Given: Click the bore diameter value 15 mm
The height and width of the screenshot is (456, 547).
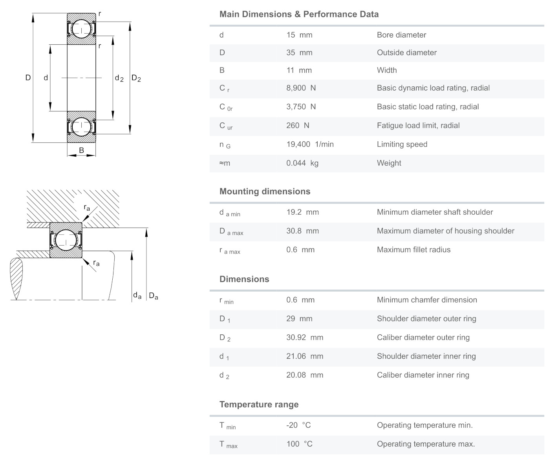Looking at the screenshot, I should (x=299, y=35).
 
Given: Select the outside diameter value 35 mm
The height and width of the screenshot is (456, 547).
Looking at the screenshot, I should (x=299, y=53).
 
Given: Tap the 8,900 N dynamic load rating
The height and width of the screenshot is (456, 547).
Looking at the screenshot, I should (x=301, y=88).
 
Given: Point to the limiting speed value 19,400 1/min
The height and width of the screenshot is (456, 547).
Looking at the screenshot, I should (x=310, y=144).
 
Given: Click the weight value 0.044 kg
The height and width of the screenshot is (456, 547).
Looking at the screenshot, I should (x=302, y=163).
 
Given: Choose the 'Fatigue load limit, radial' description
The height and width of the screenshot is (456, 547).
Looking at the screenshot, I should (x=418, y=126).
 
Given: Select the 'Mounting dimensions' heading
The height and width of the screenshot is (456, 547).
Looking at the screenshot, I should (x=265, y=192).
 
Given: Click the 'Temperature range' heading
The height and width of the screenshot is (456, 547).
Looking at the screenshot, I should (x=259, y=405).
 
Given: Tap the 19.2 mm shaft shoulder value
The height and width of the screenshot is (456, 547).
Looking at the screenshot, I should (x=302, y=212).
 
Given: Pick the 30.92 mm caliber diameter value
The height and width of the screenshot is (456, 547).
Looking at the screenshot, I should (x=304, y=337).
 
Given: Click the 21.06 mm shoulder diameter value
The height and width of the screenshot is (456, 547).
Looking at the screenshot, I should (x=304, y=356).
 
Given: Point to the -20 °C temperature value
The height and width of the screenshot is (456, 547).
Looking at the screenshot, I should (x=298, y=425).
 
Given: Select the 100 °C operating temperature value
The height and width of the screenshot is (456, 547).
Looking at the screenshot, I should (x=299, y=444).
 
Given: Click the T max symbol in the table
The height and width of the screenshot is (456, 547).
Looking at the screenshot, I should (x=228, y=445).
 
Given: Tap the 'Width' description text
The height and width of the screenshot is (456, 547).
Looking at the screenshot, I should (x=387, y=70).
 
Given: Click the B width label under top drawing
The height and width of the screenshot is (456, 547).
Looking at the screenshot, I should (x=81, y=150).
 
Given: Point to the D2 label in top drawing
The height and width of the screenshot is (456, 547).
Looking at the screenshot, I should (x=136, y=78).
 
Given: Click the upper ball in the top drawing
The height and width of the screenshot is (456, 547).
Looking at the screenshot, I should (x=81, y=29).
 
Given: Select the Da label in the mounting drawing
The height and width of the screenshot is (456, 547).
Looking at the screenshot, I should (x=154, y=296).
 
